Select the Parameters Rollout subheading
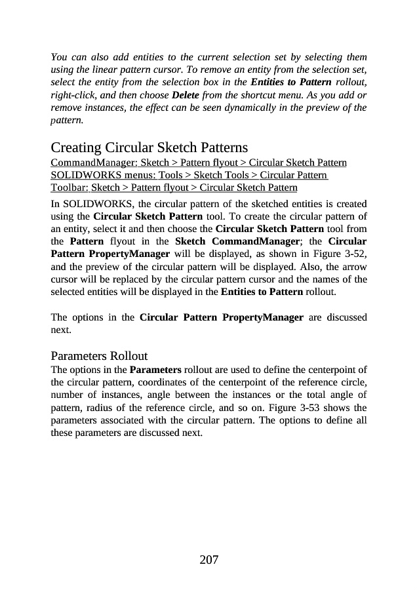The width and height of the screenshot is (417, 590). (x=99, y=356)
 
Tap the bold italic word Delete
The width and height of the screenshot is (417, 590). (x=185, y=95)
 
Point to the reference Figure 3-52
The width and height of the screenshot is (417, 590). (x=342, y=254)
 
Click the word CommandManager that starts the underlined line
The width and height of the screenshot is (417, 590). (x=92, y=162)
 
